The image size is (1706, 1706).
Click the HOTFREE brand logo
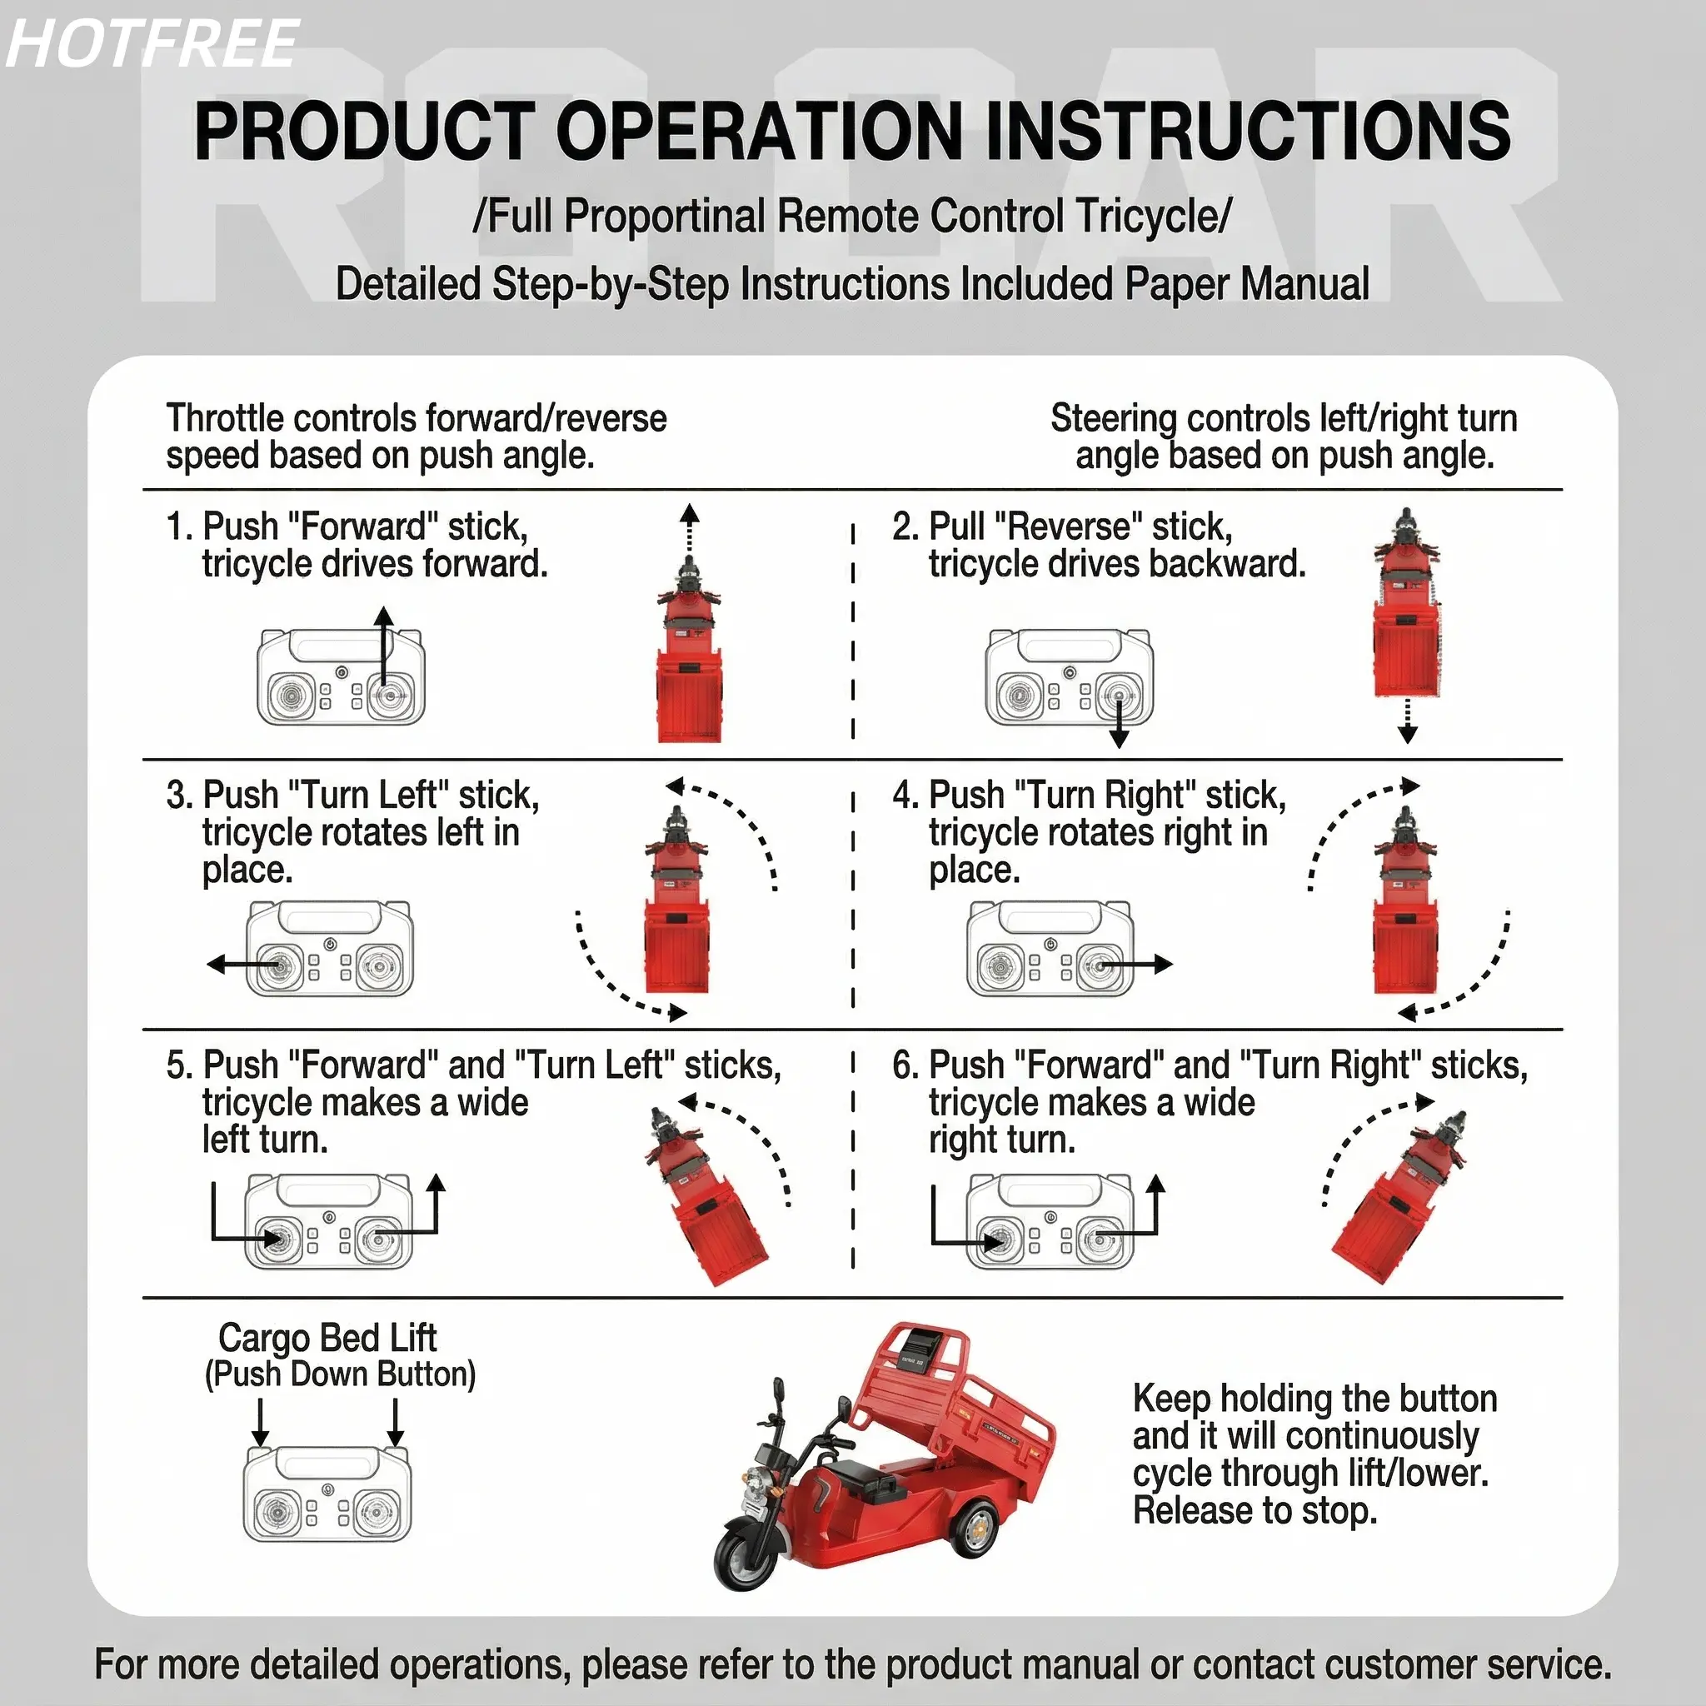click(152, 44)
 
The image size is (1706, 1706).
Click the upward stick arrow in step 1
click(383, 653)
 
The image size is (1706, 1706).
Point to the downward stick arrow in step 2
click(1119, 720)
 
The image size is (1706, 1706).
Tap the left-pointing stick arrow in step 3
click(243, 965)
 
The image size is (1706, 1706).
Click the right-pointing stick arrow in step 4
click(1136, 965)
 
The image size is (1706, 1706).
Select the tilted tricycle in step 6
click(1399, 1196)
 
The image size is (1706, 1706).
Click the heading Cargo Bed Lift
click(327, 1338)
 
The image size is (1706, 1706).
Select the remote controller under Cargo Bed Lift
click(327, 1494)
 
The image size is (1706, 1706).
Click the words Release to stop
click(1255, 1511)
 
